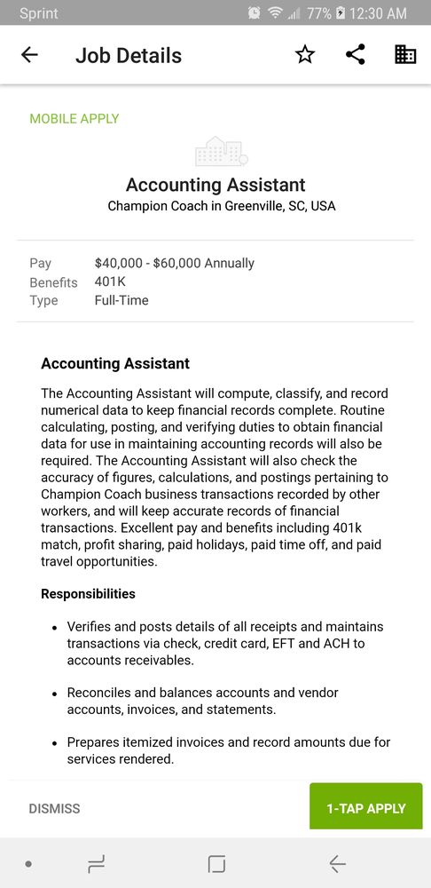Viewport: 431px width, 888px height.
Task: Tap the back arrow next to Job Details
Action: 29,55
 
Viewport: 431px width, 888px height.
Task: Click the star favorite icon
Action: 305,55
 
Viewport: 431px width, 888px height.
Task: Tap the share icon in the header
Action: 355,55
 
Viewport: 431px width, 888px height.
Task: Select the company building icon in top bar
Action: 405,55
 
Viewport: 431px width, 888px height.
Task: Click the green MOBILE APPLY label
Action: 74,119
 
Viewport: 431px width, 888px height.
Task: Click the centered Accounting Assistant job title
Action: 215,185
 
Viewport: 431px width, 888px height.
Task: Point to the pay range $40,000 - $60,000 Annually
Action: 175,263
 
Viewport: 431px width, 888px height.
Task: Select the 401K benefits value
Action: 110,281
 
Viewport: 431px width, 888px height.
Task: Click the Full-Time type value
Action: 121,300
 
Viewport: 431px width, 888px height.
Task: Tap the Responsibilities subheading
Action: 88,594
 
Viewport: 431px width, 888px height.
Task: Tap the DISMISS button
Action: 54,809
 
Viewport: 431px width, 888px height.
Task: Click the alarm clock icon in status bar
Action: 255,13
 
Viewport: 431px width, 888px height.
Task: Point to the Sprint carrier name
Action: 39,13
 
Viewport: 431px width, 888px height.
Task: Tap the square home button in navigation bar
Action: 216,863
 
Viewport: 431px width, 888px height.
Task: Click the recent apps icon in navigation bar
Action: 97,863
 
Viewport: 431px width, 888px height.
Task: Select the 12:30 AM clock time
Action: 379,13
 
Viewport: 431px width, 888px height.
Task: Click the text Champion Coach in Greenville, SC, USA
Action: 222,206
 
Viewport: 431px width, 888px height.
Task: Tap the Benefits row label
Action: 53,282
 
